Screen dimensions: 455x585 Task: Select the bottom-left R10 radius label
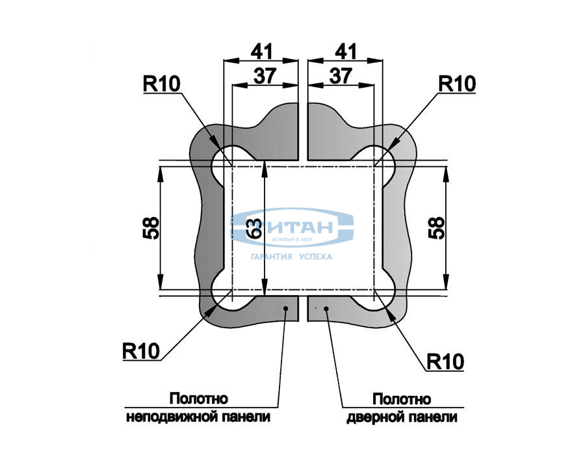click(x=140, y=351)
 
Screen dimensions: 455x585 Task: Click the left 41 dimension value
click(x=261, y=51)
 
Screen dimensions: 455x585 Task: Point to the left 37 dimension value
click(x=264, y=75)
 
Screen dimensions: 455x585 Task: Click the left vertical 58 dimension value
click(x=151, y=228)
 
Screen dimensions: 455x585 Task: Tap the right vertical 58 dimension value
click(x=437, y=228)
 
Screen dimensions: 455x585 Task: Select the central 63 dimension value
click(x=255, y=228)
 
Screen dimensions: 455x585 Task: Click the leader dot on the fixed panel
click(x=285, y=307)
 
